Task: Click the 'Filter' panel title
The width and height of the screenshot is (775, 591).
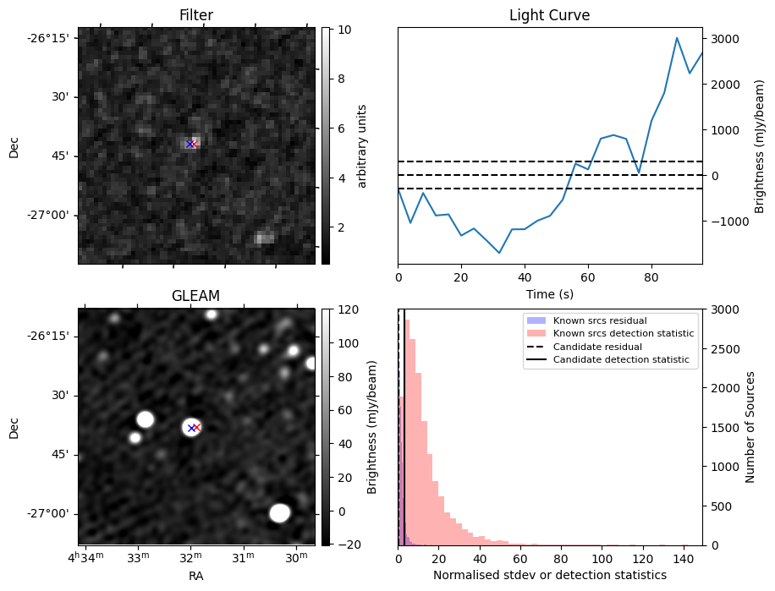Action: point(196,15)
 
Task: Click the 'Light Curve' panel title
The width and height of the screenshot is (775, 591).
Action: point(549,15)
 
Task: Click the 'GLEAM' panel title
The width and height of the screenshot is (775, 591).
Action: point(196,296)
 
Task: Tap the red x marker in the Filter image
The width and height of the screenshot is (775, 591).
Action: point(194,144)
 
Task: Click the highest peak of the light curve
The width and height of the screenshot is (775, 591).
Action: point(677,38)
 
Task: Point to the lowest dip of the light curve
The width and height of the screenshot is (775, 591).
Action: point(499,253)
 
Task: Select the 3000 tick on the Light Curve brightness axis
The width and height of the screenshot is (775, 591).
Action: point(728,39)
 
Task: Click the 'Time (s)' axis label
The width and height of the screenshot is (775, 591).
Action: point(549,293)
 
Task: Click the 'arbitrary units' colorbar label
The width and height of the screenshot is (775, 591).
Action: point(362,145)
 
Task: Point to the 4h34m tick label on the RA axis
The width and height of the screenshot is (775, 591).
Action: point(85,556)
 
